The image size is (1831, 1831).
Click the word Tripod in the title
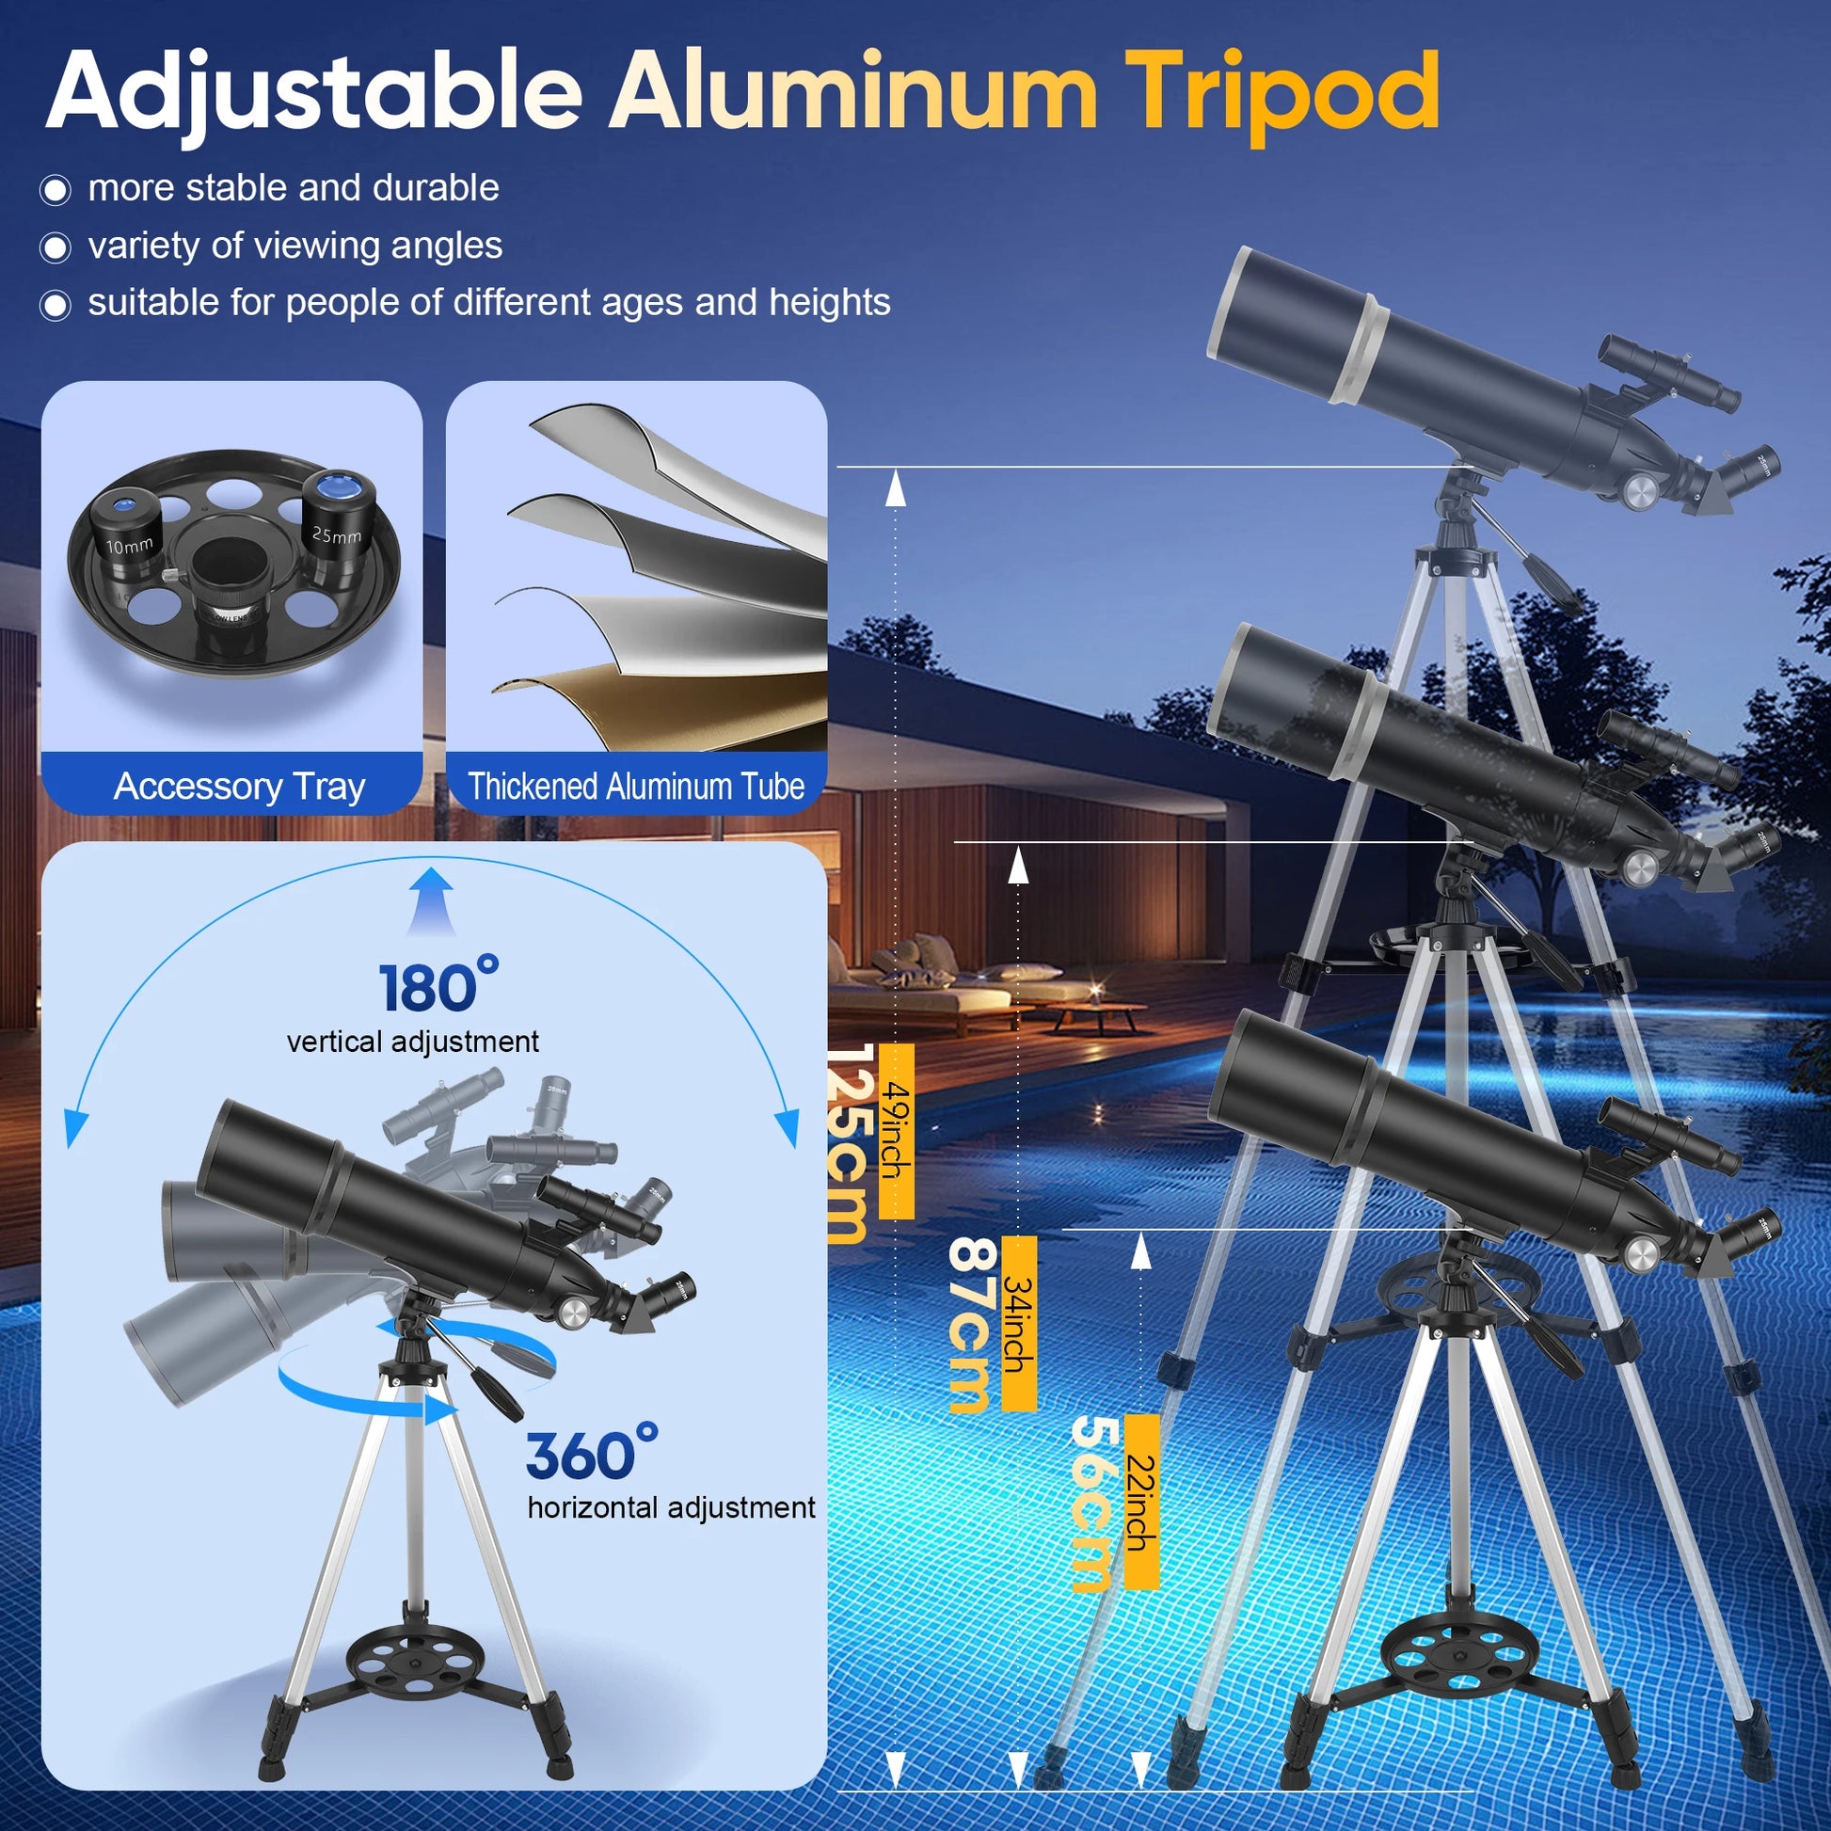tap(1286, 93)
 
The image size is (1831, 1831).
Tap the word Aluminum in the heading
tap(853, 91)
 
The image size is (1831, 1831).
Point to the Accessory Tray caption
tap(240, 786)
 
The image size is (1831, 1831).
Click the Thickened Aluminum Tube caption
tap(636, 786)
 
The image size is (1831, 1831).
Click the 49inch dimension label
tap(896, 1131)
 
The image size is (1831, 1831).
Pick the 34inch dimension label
tap(1018, 1323)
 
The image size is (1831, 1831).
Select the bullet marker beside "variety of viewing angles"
tap(55, 248)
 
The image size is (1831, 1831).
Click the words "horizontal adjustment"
tap(671, 1507)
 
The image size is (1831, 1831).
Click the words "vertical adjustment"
tap(413, 1042)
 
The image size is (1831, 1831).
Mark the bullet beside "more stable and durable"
tap(55, 190)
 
